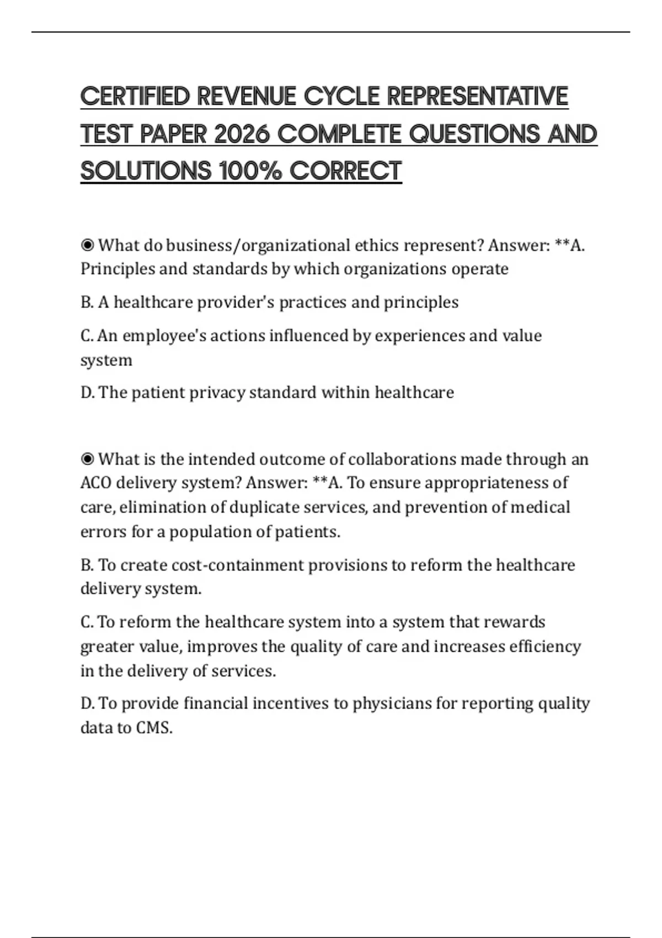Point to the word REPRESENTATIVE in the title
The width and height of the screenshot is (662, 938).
[x=477, y=96]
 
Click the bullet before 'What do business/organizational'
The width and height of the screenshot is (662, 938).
[x=87, y=245]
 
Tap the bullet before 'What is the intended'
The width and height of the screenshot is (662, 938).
[x=87, y=459]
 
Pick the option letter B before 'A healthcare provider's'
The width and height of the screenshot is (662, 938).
[x=86, y=302]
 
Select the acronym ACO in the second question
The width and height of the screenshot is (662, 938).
[x=96, y=483]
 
